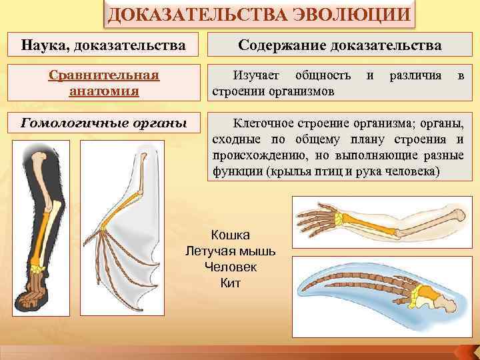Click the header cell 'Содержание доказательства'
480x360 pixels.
click(x=341, y=46)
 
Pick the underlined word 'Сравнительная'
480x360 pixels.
click(x=104, y=75)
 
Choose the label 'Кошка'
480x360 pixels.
click(x=230, y=235)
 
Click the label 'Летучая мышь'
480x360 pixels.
click(x=229, y=251)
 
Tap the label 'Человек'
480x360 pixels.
click(x=230, y=267)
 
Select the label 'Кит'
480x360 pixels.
click(x=230, y=283)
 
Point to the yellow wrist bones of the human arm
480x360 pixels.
click(x=343, y=218)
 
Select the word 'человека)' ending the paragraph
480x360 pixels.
click(x=412, y=171)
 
